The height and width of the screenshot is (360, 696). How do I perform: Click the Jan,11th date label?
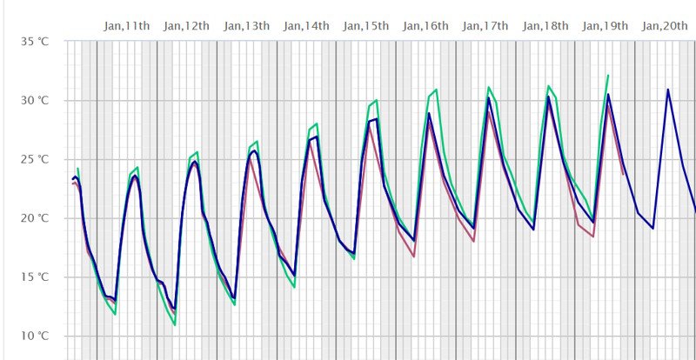tap(126, 25)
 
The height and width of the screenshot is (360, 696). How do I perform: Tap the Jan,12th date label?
tap(186, 25)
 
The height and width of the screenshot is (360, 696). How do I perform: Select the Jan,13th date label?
tap(246, 25)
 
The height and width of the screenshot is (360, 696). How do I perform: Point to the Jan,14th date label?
tap(306, 25)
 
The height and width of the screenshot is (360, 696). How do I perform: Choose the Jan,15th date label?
tap(365, 25)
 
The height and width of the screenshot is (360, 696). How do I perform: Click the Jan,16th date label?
tap(425, 25)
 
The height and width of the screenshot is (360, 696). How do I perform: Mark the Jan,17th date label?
tap(485, 25)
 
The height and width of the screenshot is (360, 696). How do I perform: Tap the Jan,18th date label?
tap(545, 25)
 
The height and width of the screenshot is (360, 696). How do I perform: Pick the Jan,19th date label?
tap(605, 25)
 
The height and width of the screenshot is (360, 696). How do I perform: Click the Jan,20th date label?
tap(664, 25)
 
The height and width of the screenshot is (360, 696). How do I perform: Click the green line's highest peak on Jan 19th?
tap(607, 76)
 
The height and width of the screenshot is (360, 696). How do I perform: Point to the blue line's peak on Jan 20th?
tap(668, 89)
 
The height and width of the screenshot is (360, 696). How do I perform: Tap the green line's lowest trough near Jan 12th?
tap(175, 324)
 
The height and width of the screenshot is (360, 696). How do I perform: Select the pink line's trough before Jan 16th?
tap(413, 257)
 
